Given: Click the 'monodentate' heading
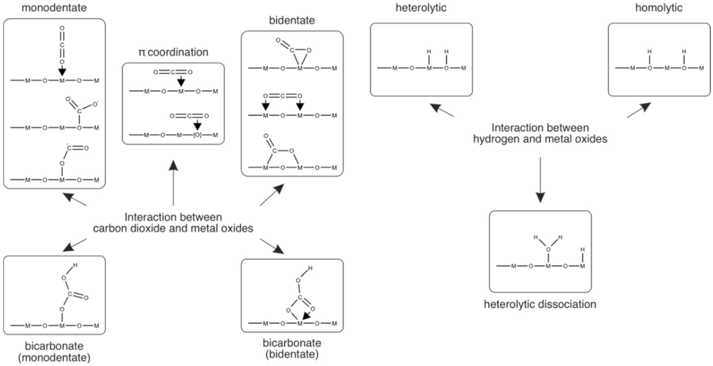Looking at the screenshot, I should [54, 8].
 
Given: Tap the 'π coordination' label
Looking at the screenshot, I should [173, 52].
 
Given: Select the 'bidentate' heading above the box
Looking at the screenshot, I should [292, 20].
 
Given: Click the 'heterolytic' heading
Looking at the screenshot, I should [421, 8].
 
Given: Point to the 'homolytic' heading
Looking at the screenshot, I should [659, 8].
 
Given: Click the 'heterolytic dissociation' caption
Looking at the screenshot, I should [540, 304].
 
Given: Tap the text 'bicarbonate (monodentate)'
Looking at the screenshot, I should [54, 352].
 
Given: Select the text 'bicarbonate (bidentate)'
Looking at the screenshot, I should [292, 349].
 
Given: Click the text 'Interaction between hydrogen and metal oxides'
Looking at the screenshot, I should [540, 133].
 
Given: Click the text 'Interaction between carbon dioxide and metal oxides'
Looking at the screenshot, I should [173, 223].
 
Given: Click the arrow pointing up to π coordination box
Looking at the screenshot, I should [173, 183].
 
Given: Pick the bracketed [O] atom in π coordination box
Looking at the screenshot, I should [197, 135].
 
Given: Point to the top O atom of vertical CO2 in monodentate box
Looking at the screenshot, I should [62, 28].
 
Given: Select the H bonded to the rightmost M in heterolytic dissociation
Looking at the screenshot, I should [583, 250].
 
